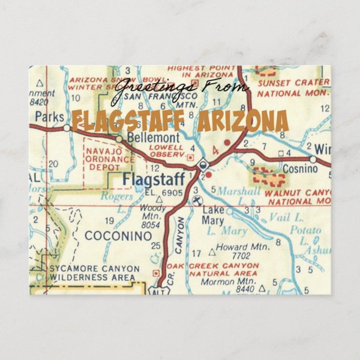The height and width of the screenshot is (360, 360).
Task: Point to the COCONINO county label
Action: pos(118,236)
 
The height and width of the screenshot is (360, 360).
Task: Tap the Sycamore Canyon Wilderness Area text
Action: pos(92,272)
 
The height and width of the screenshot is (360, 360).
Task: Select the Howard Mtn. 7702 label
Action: pos(233,249)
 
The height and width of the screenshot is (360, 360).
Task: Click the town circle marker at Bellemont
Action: pos(119,139)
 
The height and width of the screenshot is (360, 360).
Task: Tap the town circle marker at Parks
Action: pos(67,128)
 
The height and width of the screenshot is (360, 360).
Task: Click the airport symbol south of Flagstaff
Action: pos(197,200)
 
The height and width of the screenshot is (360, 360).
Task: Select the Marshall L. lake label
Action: pos(239,191)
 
